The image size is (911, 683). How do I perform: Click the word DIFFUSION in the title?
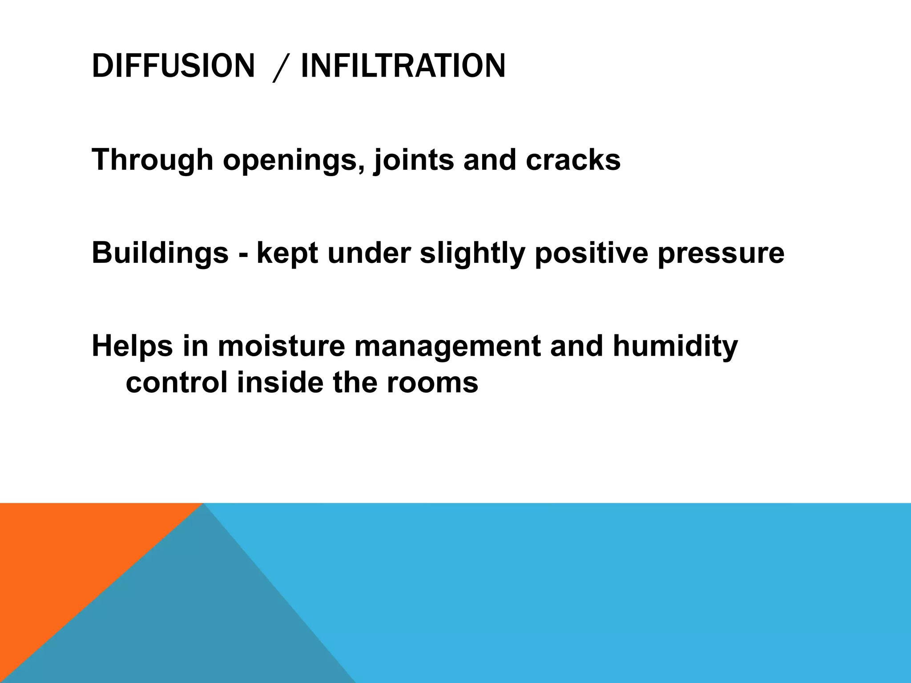tap(173, 66)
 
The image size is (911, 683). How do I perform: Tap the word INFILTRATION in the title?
tap(403, 66)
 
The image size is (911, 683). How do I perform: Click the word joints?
tap(414, 160)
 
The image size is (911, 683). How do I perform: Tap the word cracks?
tap(573, 160)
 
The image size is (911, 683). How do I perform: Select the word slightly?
tap(472, 253)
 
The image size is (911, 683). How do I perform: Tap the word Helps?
tap(132, 346)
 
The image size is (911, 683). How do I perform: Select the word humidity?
tap(675, 346)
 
